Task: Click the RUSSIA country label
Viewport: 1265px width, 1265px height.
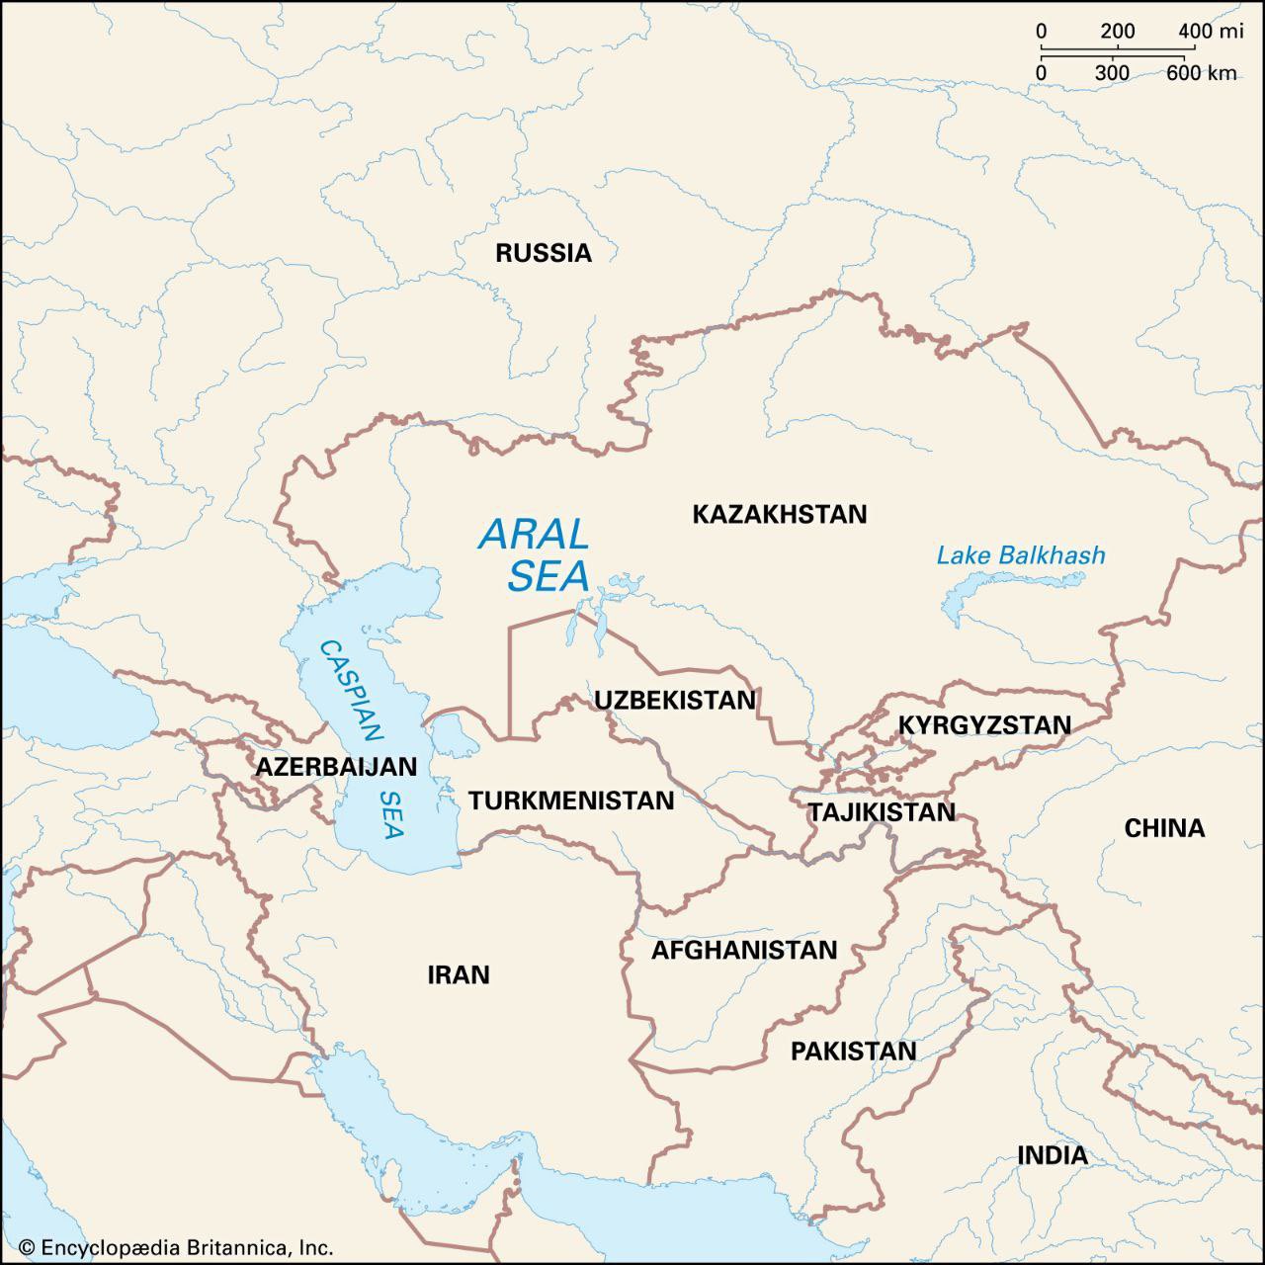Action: coord(543,253)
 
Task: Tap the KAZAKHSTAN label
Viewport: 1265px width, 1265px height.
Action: coord(779,514)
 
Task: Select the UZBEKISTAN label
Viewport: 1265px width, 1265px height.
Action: coord(674,701)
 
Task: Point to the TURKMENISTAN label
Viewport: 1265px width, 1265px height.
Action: coord(571,801)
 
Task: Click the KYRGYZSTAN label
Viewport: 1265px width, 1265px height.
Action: coord(984,725)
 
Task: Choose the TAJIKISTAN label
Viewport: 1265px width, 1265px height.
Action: coord(882,812)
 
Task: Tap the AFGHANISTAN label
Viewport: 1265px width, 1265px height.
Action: coord(743,951)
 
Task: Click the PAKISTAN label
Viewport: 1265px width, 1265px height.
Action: coord(853,1052)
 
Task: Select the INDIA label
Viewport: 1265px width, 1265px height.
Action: coord(1053,1155)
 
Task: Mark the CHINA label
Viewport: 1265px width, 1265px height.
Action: coord(1164,828)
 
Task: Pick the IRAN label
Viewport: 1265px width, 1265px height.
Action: coord(459,975)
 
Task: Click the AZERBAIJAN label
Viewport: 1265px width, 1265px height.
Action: coord(336,767)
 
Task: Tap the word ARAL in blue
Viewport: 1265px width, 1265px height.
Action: coord(534,536)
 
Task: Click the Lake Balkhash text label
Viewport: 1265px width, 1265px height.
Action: coord(1021,555)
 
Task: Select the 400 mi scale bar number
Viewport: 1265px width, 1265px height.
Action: coord(1210,32)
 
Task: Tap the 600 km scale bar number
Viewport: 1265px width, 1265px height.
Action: coord(1201,73)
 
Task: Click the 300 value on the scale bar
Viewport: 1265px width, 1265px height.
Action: coord(1112,73)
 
